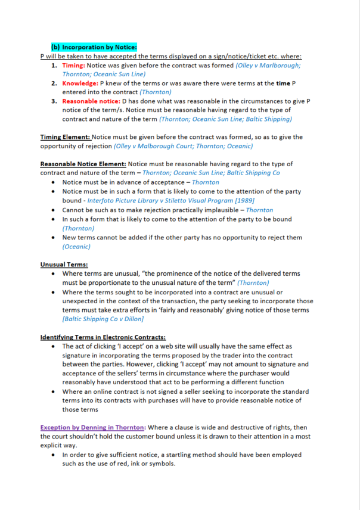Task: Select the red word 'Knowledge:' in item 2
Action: pyautogui.click(x=79, y=83)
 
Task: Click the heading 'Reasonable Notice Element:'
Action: pyautogui.click(x=83, y=164)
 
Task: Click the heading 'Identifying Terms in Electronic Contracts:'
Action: pyautogui.click(x=103, y=337)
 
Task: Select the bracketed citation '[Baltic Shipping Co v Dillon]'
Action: pyautogui.click(x=103, y=319)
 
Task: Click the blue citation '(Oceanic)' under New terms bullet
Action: pyautogui.click(x=76, y=246)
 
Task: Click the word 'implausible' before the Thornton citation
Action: pyautogui.click(x=222, y=210)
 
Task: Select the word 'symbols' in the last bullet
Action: pyautogui.click(x=160, y=464)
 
